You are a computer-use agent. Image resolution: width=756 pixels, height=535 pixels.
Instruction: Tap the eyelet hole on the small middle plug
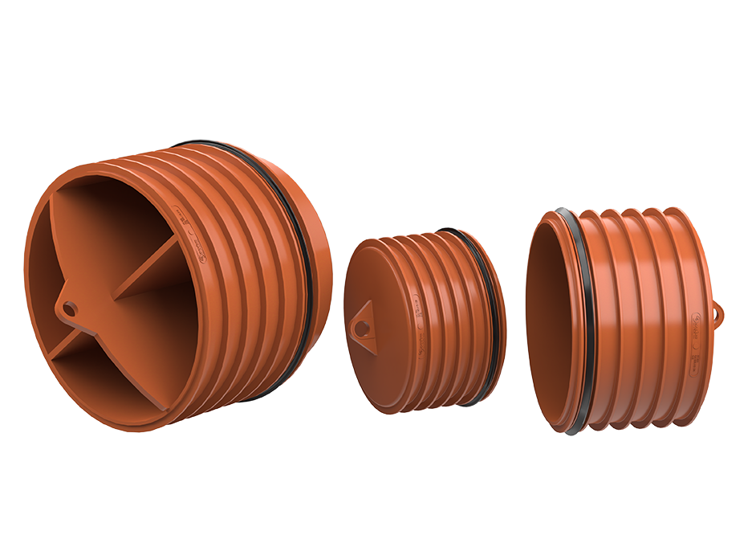(x=363, y=327)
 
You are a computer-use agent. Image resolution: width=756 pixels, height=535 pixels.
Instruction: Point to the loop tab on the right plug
(x=717, y=310)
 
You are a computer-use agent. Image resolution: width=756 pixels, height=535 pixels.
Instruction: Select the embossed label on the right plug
(x=695, y=329)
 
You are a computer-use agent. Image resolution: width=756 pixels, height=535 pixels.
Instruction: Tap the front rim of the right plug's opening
(x=531, y=265)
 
